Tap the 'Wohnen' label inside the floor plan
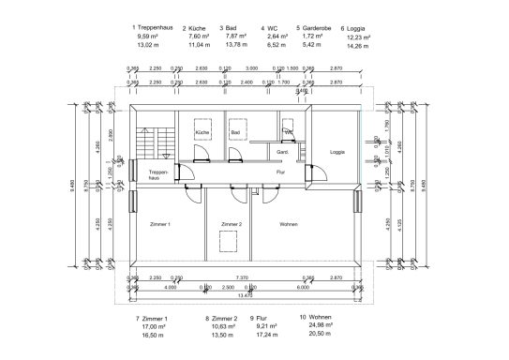click(289, 225)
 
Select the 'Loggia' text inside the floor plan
click(338, 151)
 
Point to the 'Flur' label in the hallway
click(279, 172)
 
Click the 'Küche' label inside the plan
click(201, 134)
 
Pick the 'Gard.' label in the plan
click(281, 151)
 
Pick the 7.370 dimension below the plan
click(241, 278)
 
